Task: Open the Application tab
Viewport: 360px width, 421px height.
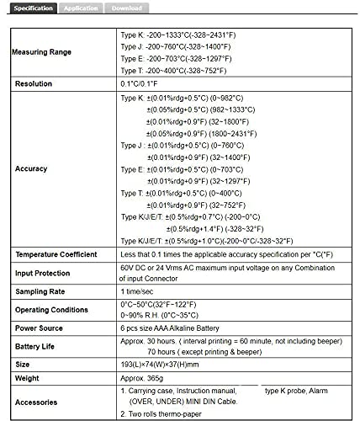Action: pyautogui.click(x=81, y=8)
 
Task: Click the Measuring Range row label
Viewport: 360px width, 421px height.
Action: pyautogui.click(x=41, y=52)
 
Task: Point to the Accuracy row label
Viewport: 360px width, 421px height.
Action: pyautogui.click(x=31, y=169)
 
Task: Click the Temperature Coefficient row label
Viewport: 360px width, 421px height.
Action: pyautogui.click(x=57, y=253)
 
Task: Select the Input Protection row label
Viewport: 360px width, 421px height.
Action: pyautogui.click(x=45, y=273)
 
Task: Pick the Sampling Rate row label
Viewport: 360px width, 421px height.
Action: pyautogui.click(x=39, y=291)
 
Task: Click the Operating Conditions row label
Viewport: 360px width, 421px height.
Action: pyautogui.click(x=51, y=310)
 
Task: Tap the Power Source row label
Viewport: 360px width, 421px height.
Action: pyautogui.click(x=40, y=328)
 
